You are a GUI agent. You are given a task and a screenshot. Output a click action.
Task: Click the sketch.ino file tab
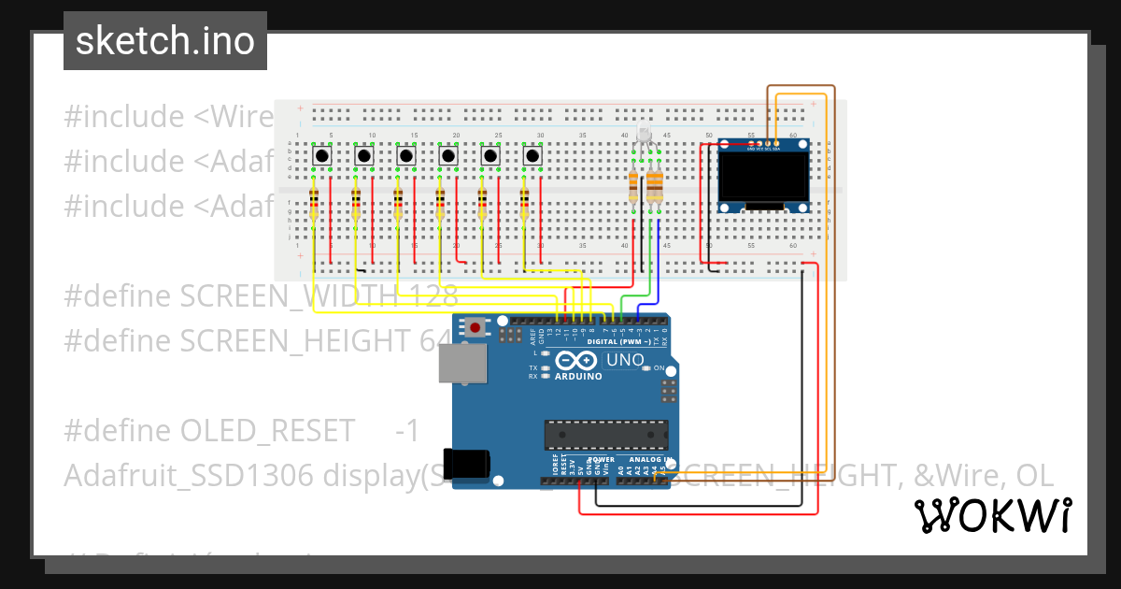(165, 41)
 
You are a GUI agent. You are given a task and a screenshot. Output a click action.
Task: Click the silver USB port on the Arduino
(463, 363)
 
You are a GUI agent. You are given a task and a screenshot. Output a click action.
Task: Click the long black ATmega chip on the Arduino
(606, 435)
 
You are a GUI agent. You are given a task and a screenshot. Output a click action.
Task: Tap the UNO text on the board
(625, 360)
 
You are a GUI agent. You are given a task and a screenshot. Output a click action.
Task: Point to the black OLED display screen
(763, 178)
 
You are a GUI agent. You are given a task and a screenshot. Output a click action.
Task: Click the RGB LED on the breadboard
(644, 136)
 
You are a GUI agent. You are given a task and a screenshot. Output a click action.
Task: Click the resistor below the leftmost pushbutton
(313, 201)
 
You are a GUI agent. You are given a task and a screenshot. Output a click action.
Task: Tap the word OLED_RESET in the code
(267, 431)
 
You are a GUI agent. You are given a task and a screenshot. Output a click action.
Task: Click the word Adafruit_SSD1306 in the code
(188, 476)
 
